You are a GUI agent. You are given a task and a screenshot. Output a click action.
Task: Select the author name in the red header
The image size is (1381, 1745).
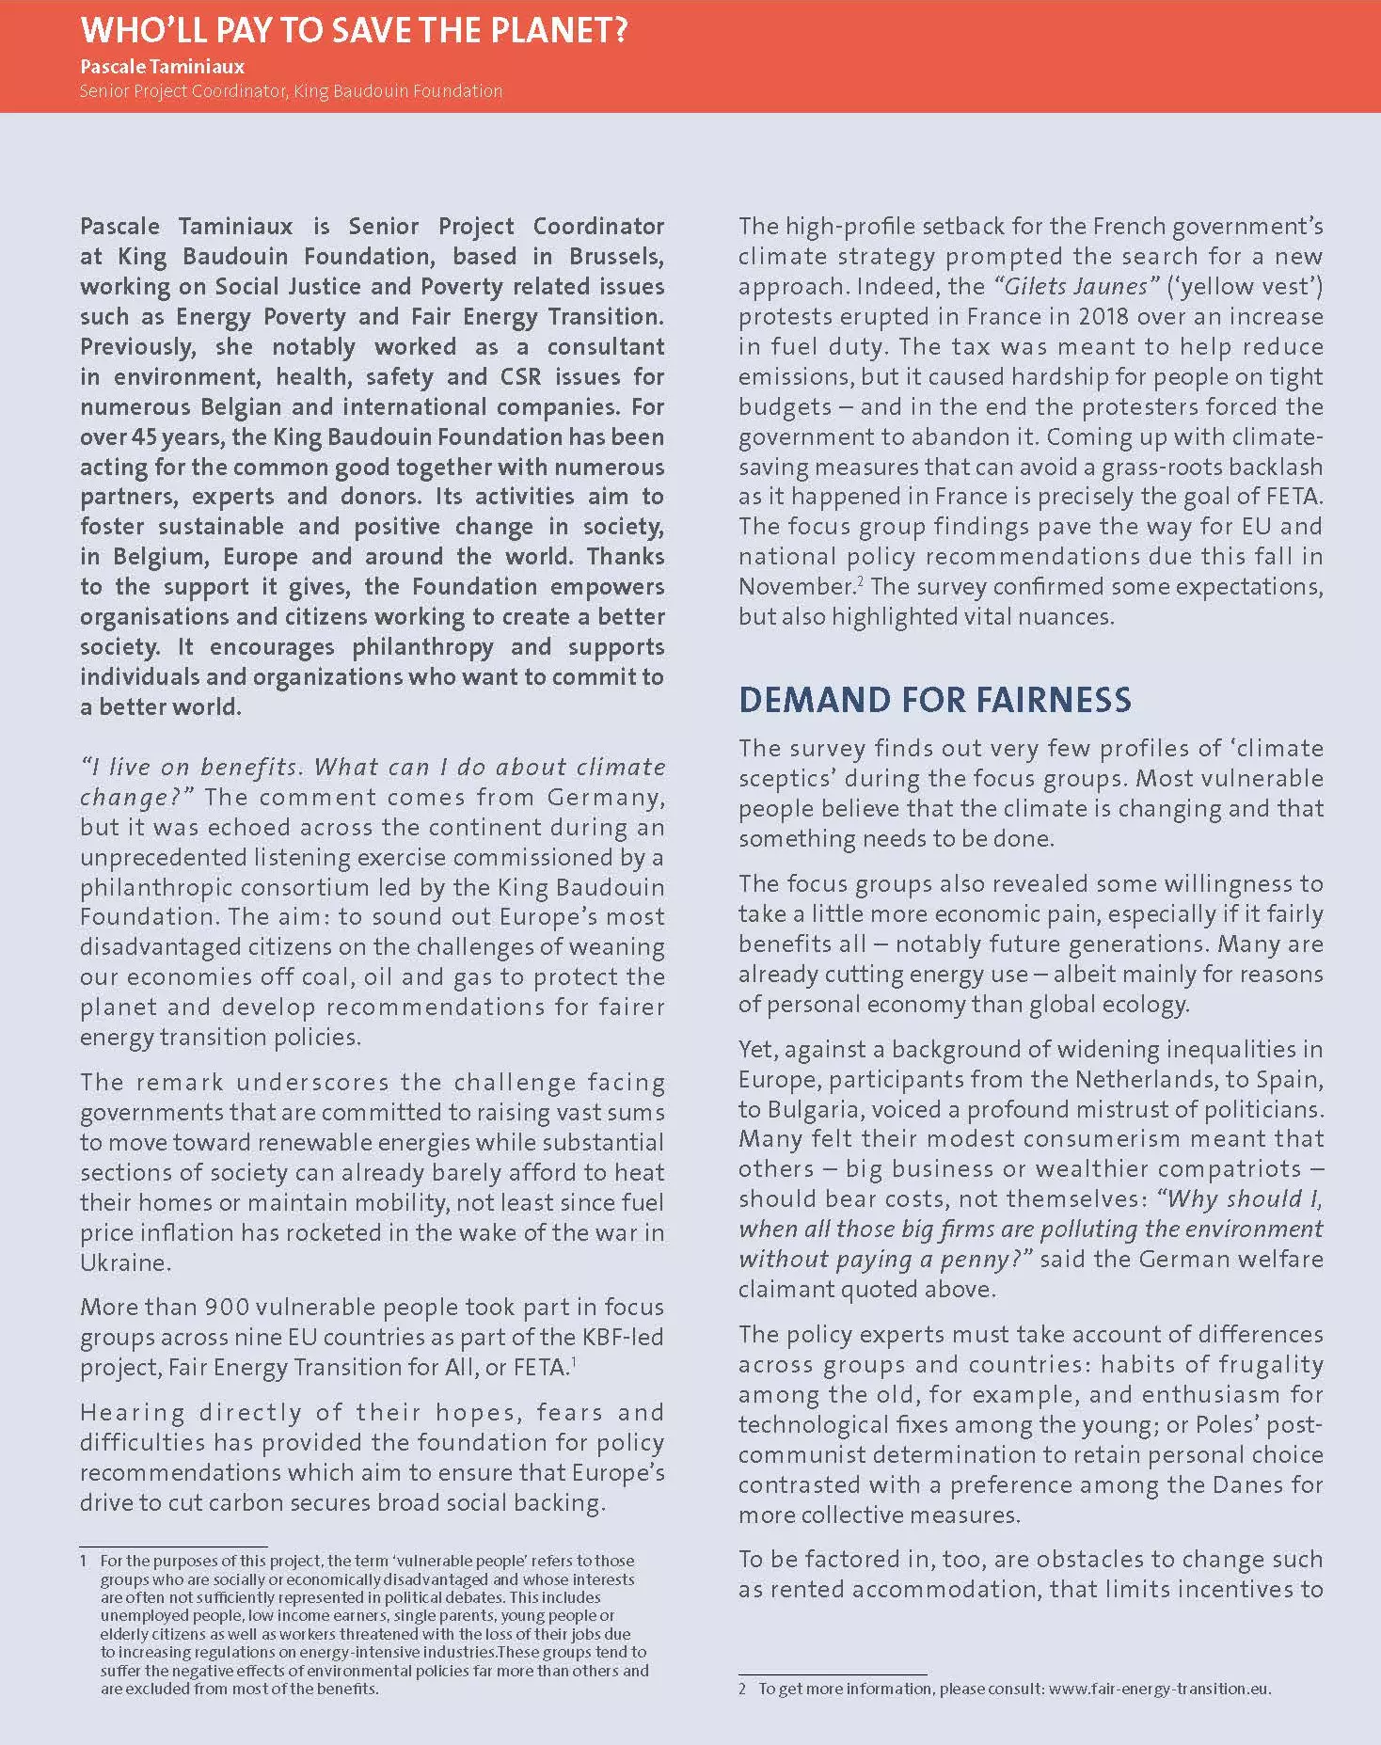[x=162, y=67]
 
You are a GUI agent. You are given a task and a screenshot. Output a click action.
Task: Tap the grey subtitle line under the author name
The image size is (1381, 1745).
[x=291, y=91]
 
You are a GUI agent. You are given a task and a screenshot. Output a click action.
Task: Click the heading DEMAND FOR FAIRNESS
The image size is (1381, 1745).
[x=934, y=700]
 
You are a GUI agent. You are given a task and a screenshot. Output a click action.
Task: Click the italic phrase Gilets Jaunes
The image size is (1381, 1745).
[x=1077, y=287]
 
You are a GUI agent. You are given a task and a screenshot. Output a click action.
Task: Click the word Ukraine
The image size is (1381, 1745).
[x=125, y=1262]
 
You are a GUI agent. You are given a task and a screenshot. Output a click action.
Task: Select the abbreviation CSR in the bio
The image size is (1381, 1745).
[x=520, y=377]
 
